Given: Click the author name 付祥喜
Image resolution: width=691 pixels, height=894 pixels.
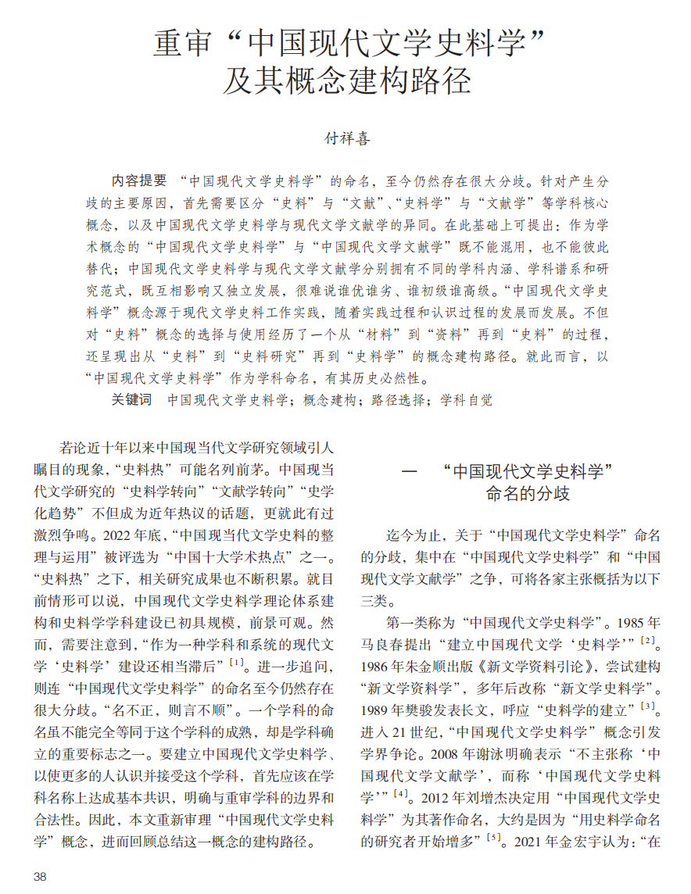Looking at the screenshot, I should pyautogui.click(x=346, y=139).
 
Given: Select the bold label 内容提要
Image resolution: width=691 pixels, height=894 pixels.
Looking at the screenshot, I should pyautogui.click(x=138, y=181).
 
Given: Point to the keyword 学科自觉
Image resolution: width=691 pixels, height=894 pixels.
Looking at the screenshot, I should pyautogui.click(x=467, y=399).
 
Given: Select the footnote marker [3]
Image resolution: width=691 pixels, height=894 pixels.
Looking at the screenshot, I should pyautogui.click(x=647, y=706).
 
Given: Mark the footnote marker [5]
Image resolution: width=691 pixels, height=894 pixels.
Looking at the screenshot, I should pyautogui.click(x=493, y=838).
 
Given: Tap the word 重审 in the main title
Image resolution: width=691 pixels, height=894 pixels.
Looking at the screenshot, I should pyautogui.click(x=181, y=43).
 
